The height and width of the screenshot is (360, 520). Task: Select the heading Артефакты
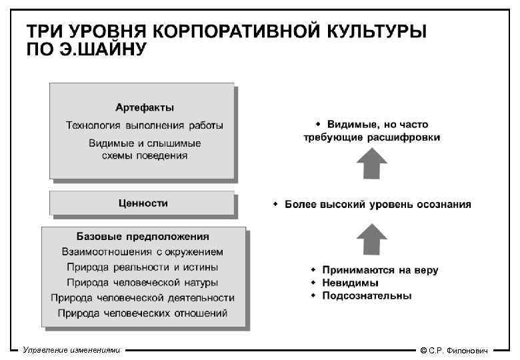pyautogui.click(x=145, y=107)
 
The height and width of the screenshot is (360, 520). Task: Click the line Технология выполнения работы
pyautogui.click(x=145, y=125)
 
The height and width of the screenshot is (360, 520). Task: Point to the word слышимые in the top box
pyautogui.click(x=178, y=143)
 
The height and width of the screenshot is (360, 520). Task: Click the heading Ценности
pyautogui.click(x=143, y=203)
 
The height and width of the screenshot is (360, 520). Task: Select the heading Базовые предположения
pyautogui.click(x=143, y=236)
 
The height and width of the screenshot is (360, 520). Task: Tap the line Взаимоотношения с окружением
pyautogui.click(x=143, y=252)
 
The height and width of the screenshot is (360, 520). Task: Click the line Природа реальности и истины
pyautogui.click(x=143, y=267)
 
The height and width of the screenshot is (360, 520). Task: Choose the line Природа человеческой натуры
pyautogui.click(x=143, y=282)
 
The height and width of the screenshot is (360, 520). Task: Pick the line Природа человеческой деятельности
pyautogui.click(x=143, y=297)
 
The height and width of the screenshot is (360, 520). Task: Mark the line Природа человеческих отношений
pyautogui.click(x=143, y=313)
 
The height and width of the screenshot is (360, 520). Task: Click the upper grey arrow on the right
pyautogui.click(x=371, y=164)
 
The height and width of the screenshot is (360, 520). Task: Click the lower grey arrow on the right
pyautogui.click(x=371, y=239)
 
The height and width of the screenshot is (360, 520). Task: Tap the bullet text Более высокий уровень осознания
pyautogui.click(x=377, y=205)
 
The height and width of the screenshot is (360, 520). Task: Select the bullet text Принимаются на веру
pyautogui.click(x=380, y=270)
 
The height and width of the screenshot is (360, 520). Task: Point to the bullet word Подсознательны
pyautogui.click(x=367, y=295)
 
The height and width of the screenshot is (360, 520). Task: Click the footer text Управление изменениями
pyautogui.click(x=71, y=350)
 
